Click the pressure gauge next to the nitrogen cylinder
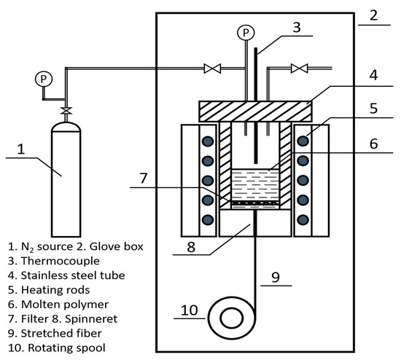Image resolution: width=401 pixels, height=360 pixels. point(44,79)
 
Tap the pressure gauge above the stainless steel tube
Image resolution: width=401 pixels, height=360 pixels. point(246,33)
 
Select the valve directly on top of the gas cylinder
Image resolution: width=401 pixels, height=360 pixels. point(66,111)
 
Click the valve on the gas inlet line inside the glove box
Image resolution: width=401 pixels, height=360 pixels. point(212,69)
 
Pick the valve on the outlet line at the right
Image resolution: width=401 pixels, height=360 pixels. point(299,69)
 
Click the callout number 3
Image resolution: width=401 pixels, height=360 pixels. point(297,27)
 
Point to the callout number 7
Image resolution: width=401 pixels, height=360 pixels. point(144,178)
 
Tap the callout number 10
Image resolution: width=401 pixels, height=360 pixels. point(190,310)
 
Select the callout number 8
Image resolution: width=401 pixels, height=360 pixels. point(191,247)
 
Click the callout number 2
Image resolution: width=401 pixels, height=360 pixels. point(373,15)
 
